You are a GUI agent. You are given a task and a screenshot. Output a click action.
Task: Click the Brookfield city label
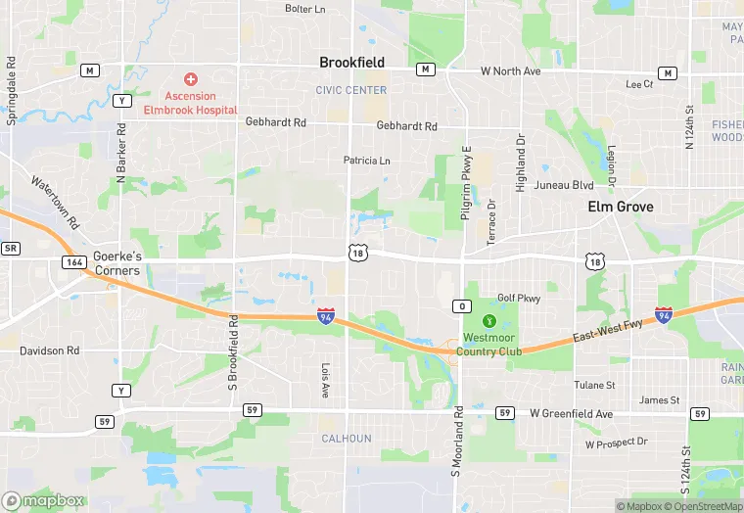pyautogui.click(x=351, y=63)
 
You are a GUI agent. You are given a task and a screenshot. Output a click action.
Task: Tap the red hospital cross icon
pyautogui.click(x=191, y=78)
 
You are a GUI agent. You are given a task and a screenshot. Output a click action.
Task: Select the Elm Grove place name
pyautogui.click(x=620, y=207)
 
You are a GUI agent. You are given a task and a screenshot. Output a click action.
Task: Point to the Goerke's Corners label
pyautogui.click(x=117, y=263)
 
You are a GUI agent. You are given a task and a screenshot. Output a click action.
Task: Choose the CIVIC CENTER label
pyautogui.click(x=351, y=90)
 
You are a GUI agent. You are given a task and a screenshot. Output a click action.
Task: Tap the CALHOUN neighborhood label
pyautogui.click(x=347, y=439)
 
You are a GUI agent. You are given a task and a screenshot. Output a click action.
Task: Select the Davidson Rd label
pyautogui.click(x=49, y=350)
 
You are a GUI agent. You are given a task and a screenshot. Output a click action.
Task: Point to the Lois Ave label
pyautogui.click(x=326, y=380)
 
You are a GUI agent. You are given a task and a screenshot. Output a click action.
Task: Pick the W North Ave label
pyautogui.click(x=510, y=71)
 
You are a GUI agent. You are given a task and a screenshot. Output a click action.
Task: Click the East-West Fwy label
pyautogui.click(x=608, y=330)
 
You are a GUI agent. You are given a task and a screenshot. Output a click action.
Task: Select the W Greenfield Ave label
pyautogui.click(x=571, y=414)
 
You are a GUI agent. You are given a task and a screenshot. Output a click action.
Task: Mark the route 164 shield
pyautogui.click(x=73, y=261)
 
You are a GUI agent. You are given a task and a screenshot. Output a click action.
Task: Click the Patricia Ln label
pyautogui.click(x=366, y=161)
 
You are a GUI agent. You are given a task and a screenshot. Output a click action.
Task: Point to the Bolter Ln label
pyautogui.click(x=304, y=9)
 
